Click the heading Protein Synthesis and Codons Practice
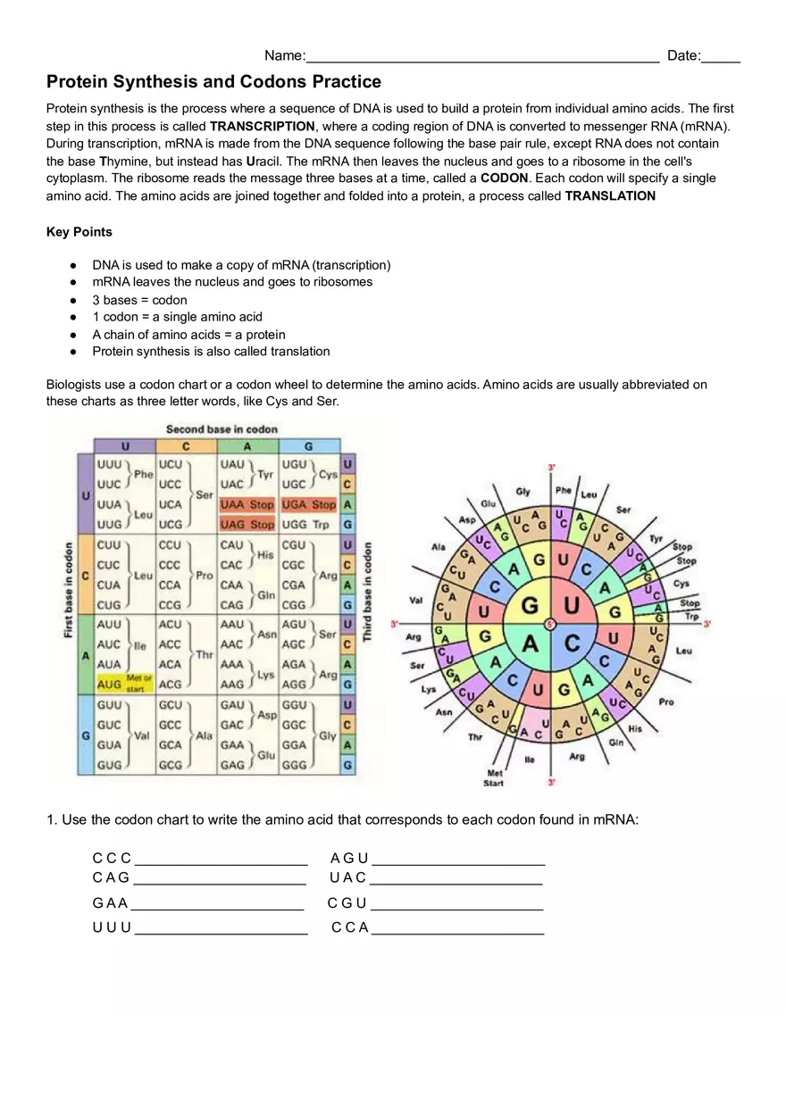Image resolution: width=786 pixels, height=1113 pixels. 213,82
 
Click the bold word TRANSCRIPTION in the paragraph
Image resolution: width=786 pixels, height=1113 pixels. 262,127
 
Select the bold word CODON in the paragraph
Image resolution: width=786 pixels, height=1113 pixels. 504,179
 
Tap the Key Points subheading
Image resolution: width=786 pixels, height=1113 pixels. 79,232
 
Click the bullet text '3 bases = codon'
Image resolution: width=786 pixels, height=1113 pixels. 139,300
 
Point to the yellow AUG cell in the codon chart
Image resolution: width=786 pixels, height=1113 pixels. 110,684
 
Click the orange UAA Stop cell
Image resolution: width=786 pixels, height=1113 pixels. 247,505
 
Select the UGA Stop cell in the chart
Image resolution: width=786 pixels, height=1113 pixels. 308,505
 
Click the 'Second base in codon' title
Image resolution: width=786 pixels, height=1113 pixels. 222,429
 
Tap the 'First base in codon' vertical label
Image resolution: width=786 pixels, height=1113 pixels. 69,590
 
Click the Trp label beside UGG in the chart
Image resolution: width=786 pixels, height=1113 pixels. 322,525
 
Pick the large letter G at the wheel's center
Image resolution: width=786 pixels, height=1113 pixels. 529,606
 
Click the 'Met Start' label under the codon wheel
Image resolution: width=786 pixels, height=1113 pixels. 494,778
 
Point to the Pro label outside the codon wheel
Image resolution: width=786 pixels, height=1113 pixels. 665,702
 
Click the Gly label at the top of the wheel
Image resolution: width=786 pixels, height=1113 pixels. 523,492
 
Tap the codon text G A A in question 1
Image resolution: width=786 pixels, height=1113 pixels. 110,903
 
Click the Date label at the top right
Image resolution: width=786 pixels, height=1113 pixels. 683,56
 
